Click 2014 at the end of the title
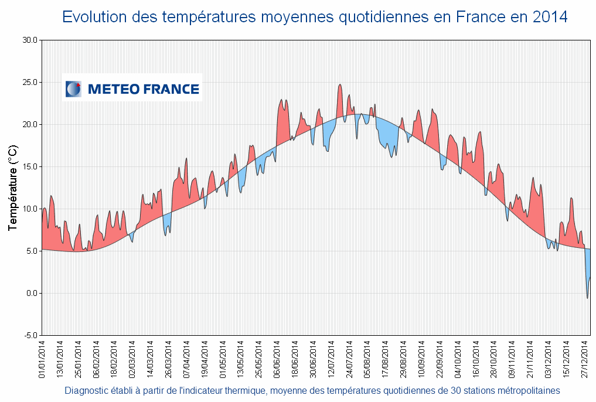coord(550,17)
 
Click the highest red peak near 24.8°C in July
coord(340,86)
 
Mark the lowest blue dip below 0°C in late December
coord(588,298)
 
